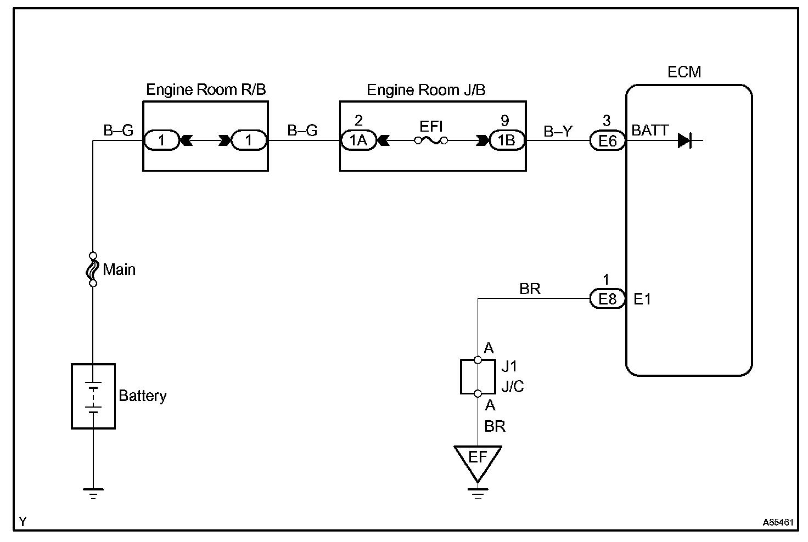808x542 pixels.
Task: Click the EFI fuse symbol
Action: (x=431, y=140)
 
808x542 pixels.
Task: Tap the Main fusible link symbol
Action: (x=93, y=269)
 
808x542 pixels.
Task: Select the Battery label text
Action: (x=143, y=396)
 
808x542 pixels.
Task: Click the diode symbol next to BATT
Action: (x=684, y=140)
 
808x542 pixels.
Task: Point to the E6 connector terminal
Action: (x=608, y=140)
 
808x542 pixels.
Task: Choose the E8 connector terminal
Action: (x=608, y=298)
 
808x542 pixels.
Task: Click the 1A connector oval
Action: (x=358, y=140)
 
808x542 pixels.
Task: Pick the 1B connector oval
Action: (x=507, y=140)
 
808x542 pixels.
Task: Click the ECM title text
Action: (x=684, y=72)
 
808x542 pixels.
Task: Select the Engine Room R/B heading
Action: (x=206, y=89)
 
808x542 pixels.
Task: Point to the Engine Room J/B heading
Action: (x=426, y=90)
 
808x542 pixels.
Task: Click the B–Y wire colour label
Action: (x=558, y=131)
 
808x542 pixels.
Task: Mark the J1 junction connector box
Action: (x=478, y=377)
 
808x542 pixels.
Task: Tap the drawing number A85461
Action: (x=778, y=522)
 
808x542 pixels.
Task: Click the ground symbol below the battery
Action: (x=93, y=494)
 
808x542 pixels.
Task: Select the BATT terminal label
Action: (x=650, y=130)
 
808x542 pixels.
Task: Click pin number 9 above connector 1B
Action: (x=505, y=121)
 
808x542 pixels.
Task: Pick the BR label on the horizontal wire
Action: (x=530, y=289)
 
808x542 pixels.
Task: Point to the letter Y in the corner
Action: (x=23, y=522)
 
